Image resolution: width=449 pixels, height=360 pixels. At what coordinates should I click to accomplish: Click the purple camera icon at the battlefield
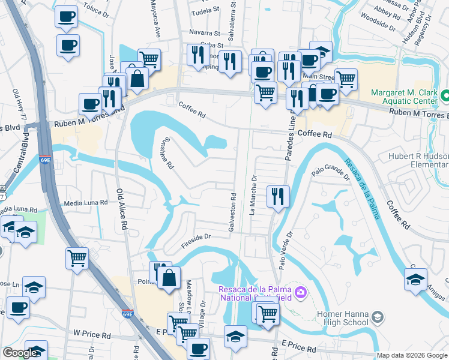pyautogui.click(x=300, y=293)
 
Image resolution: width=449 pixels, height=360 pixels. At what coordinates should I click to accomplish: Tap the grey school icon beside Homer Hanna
pyautogui.click(x=378, y=316)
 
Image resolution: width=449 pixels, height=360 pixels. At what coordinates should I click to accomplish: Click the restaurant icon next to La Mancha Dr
pyautogui.click(x=278, y=196)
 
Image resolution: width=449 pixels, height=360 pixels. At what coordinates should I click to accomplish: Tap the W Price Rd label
pyautogui.click(x=93, y=332)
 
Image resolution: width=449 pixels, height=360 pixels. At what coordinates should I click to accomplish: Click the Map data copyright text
pyautogui.click(x=411, y=355)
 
